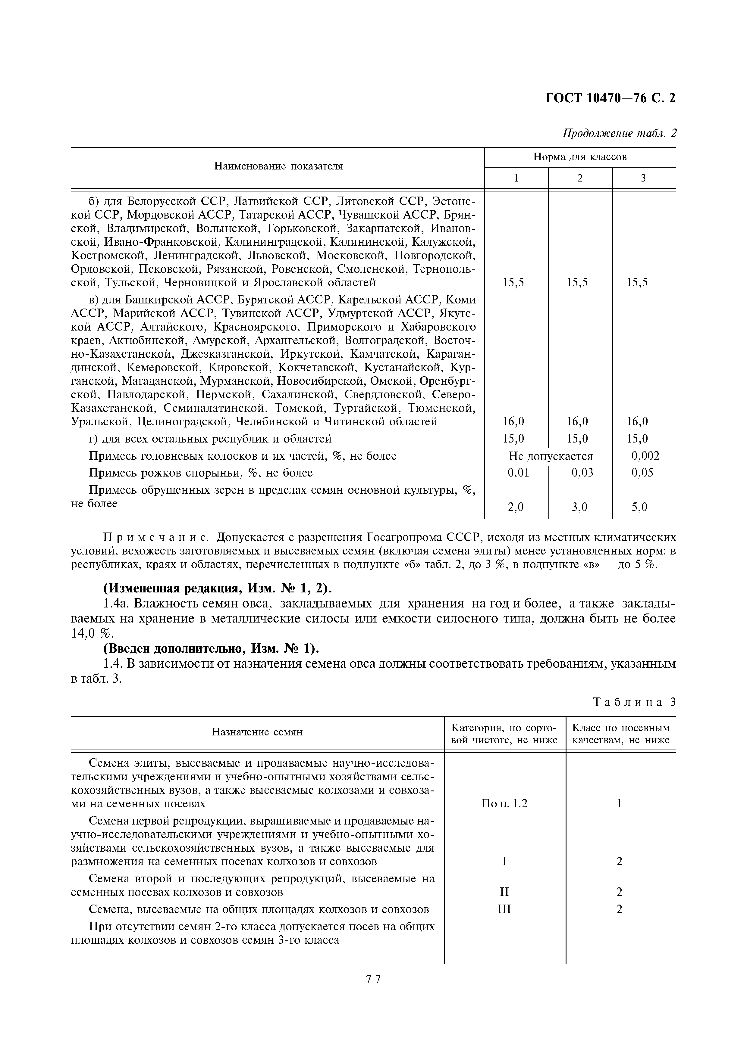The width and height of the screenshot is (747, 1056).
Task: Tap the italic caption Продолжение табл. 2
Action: (620, 133)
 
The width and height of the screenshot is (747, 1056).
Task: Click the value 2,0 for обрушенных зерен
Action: (516, 507)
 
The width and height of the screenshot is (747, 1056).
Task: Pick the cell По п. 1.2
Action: (504, 803)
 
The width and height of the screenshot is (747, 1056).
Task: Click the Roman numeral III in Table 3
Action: (504, 909)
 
